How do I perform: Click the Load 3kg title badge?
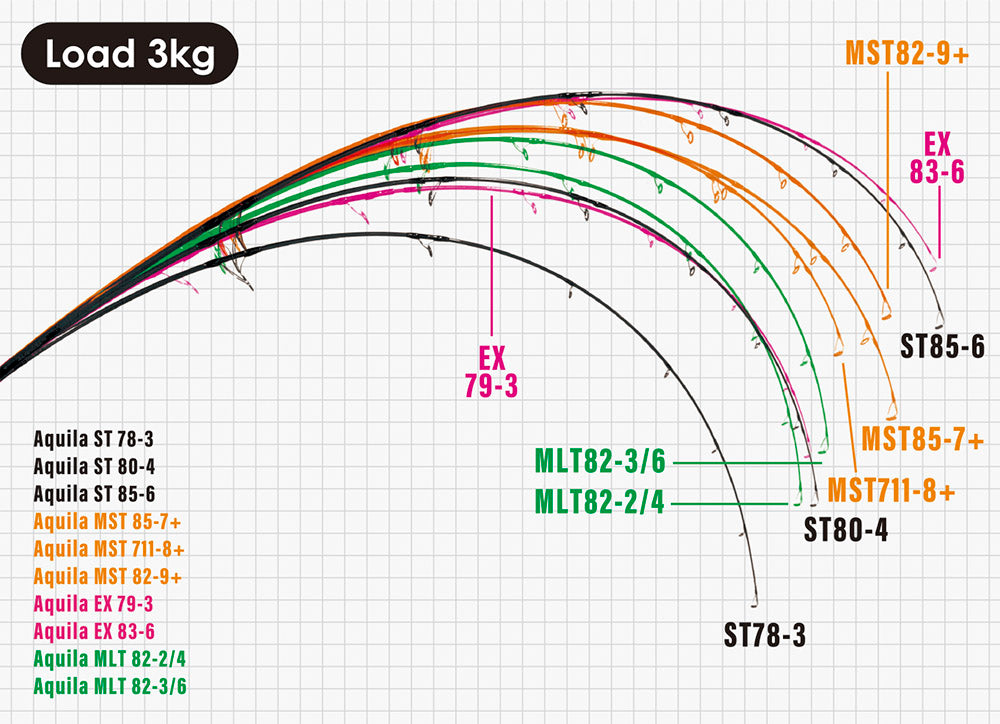(130, 55)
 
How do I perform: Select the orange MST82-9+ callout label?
(907, 53)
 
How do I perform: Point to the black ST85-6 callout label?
(943, 347)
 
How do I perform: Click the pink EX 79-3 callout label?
(490, 369)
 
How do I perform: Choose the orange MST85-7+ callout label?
(922, 439)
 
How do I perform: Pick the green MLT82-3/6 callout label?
(599, 463)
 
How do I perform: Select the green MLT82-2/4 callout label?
(599, 501)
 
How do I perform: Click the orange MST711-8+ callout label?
(891, 491)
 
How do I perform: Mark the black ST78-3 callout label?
(764, 634)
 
